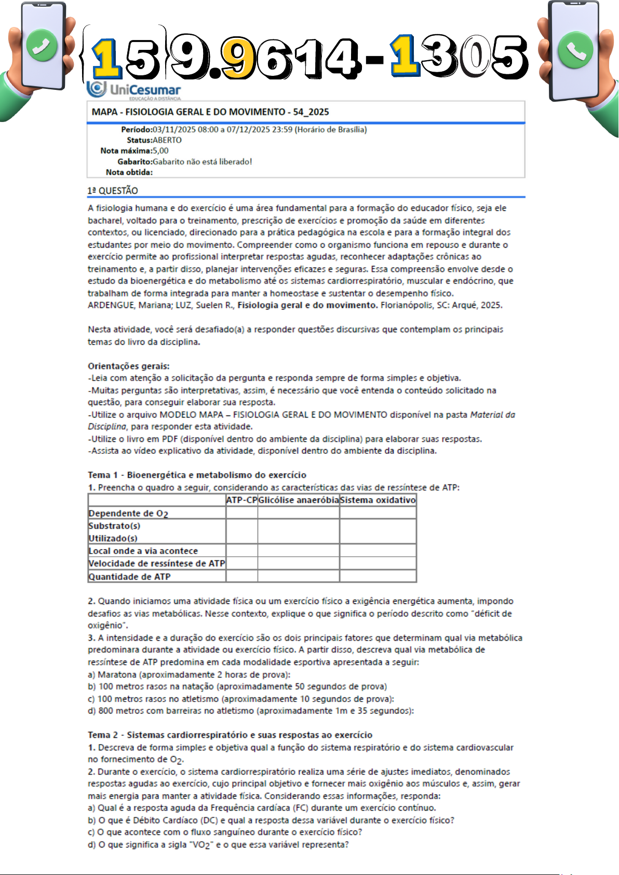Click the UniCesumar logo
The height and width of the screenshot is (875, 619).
pos(134,90)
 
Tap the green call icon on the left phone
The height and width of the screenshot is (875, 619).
pos(42,46)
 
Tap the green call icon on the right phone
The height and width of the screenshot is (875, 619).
pos(575,51)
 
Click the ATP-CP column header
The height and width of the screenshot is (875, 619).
pos(241,500)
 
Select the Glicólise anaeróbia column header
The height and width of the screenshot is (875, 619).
pos(299,500)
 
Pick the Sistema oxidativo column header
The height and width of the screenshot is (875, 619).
pos(378,500)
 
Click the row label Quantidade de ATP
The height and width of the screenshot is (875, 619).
pos(129,576)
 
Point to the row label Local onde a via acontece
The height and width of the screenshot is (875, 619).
pos(143,551)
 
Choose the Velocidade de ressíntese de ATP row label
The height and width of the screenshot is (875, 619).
pos(156,563)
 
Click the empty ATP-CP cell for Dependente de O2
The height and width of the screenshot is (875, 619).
pos(241,513)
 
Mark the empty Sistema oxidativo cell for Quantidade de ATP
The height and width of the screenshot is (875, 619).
pos(378,576)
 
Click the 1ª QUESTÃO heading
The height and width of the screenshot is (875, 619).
pos(113,191)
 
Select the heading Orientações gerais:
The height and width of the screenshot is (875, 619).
pos(128,366)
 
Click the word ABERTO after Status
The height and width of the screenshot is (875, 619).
pos(167,140)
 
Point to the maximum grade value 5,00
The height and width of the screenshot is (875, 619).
pos(160,151)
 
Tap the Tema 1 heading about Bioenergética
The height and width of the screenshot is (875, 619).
pos(197,475)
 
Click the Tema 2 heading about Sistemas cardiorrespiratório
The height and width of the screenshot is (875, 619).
pos(230,735)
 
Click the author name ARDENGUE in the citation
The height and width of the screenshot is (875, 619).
pos(111,305)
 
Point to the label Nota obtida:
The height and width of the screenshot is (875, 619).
pos(129,172)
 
